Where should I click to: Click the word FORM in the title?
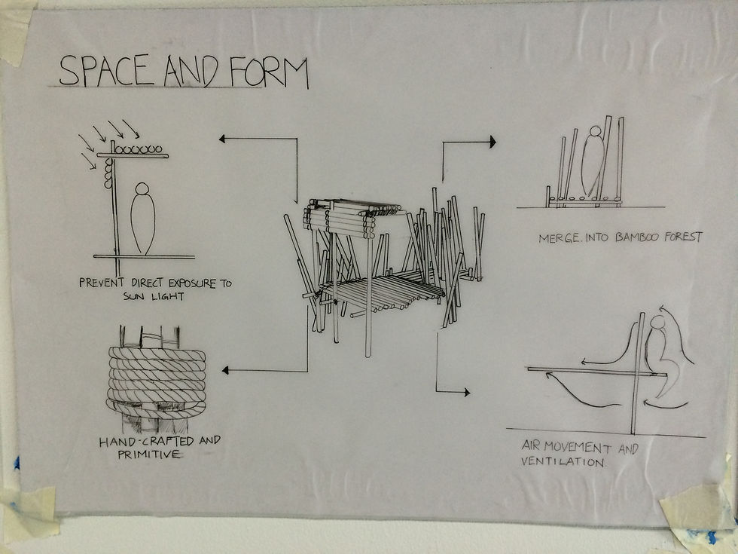[269, 72]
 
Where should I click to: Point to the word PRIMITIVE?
[149, 455]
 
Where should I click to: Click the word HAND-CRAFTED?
[146, 442]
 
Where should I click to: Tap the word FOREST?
[683, 236]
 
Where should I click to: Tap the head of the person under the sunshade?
[142, 188]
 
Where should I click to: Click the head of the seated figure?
[658, 323]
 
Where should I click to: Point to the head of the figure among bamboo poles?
[596, 131]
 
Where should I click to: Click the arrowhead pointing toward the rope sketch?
[225, 370]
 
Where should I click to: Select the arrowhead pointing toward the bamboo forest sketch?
[493, 142]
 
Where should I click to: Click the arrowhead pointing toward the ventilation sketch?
[466, 392]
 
